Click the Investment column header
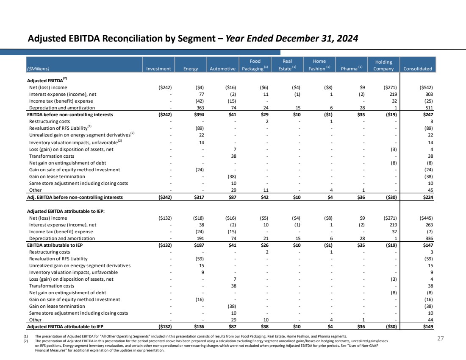coord(158,69)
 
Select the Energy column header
coord(191,69)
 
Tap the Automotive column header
coord(222,69)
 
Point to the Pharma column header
coord(352,68)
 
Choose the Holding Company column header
coord(383,65)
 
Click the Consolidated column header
coord(418,69)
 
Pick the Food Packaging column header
coord(255,65)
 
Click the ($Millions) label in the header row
coord(38,69)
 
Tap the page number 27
coord(441,338)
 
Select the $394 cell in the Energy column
coord(199,114)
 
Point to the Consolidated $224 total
coord(428,197)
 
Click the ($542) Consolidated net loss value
coord(426,87)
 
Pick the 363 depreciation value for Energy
coord(200,108)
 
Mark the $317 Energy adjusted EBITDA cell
coord(199,197)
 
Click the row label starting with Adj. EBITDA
coord(75,197)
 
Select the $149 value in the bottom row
coord(428,327)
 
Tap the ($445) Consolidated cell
coord(426,218)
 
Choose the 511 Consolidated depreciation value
coord(429,108)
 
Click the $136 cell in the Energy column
coord(199,327)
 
